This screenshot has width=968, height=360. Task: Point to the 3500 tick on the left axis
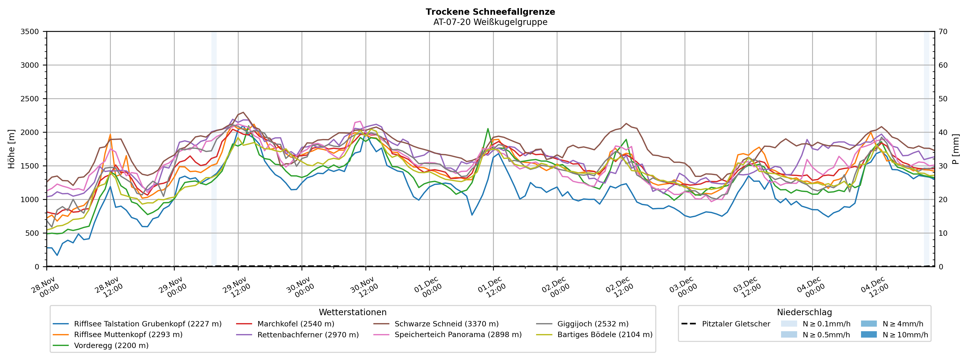[30, 32]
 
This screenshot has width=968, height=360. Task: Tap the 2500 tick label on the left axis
[30, 99]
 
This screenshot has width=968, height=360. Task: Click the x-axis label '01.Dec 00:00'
[427, 287]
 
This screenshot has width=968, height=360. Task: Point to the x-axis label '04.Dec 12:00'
[874, 287]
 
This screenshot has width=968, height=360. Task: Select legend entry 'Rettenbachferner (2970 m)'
[308, 335]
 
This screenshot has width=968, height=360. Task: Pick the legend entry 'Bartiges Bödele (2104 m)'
[605, 335]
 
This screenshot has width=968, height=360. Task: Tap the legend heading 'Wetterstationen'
[352, 312]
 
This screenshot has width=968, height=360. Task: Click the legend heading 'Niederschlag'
[804, 312]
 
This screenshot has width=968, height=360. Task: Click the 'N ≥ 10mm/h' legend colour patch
[868, 335]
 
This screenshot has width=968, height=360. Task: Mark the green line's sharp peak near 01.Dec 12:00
[488, 129]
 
